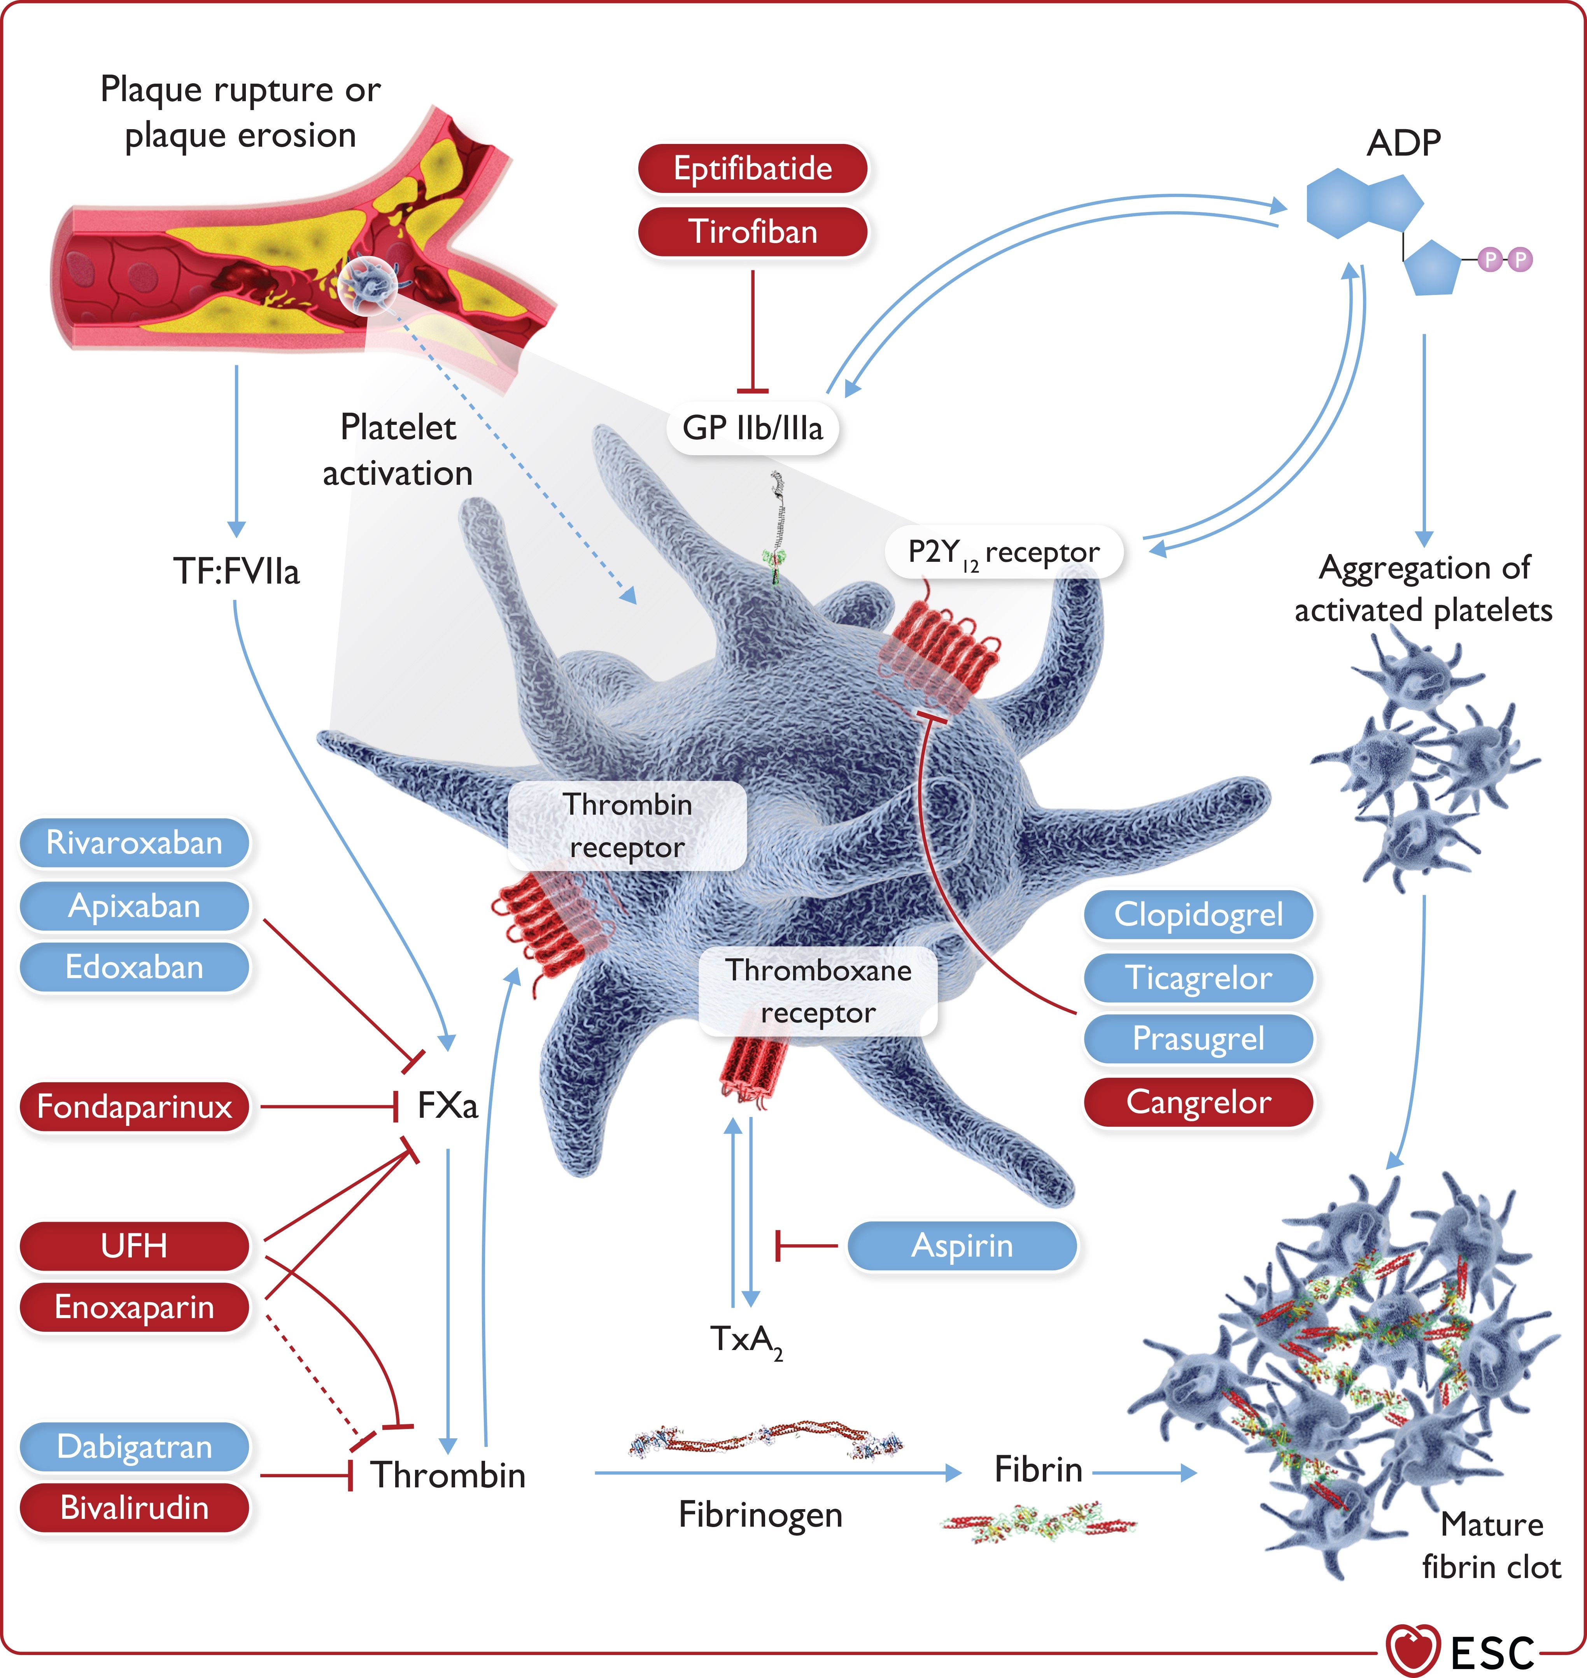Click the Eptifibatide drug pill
752,168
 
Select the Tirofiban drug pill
752,232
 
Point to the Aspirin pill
962,1246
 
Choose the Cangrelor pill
1198,1102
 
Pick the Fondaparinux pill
135,1106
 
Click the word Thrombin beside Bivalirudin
447,1475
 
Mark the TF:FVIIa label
236,571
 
